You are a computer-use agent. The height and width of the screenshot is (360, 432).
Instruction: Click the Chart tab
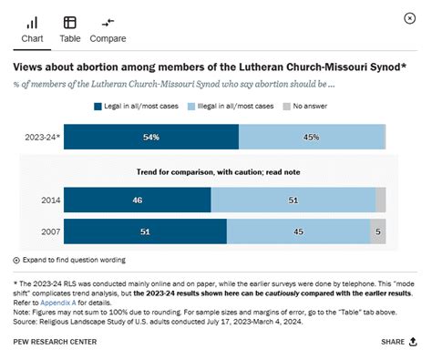pos(33,29)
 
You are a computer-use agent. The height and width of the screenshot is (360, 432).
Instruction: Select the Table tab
pos(70,29)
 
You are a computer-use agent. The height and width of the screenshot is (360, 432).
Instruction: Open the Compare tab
pos(108,29)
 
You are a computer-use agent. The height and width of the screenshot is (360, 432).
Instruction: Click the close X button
pos(409,18)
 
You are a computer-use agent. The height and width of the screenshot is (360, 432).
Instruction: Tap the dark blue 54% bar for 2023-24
pos(150,137)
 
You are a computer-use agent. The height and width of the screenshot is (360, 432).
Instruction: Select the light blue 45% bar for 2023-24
pos(312,137)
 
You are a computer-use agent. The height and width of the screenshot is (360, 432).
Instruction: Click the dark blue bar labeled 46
pos(137,200)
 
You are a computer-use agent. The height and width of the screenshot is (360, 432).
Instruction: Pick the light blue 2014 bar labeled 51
pos(293,200)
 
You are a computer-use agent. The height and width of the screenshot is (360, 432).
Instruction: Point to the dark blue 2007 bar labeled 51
pos(145,231)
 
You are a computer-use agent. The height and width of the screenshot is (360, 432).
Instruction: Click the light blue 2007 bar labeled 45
pos(298,231)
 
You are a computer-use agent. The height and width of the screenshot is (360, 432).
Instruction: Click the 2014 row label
pos(50,200)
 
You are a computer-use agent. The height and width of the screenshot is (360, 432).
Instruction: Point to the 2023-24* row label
pos(45,137)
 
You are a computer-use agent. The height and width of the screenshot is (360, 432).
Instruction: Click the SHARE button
pos(399,342)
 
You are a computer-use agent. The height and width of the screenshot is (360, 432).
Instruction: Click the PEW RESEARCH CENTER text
pos(54,342)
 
